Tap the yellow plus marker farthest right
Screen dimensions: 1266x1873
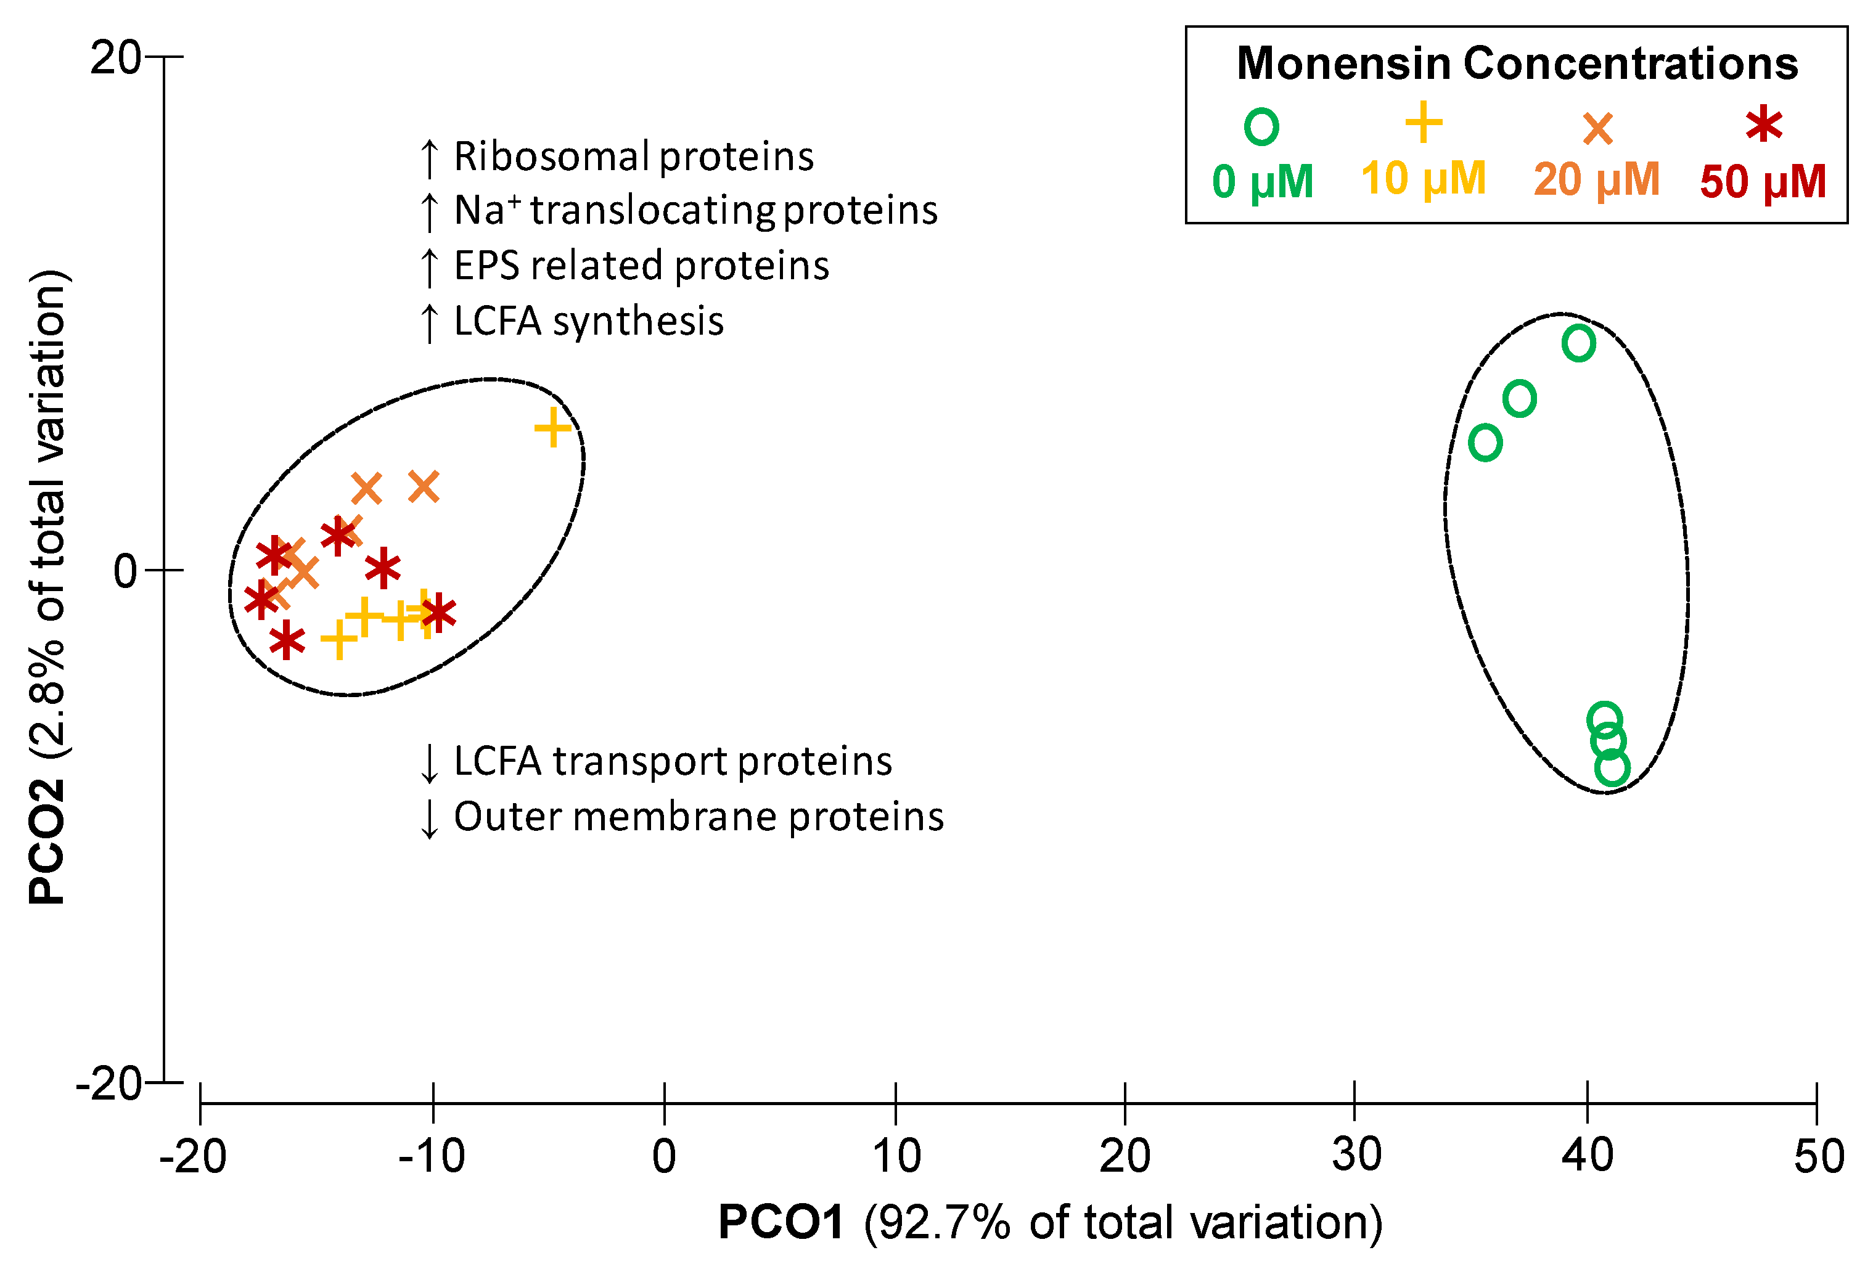[553, 427]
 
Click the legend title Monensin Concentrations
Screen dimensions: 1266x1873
[1517, 63]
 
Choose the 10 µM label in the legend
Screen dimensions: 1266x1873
[1424, 178]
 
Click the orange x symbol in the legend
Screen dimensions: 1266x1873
[1597, 129]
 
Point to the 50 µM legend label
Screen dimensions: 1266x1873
[1763, 181]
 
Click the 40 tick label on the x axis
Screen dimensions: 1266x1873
[1587, 1155]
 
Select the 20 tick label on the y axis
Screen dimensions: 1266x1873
[115, 58]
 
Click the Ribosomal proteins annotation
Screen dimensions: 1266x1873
[633, 157]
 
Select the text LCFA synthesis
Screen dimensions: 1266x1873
[588, 321]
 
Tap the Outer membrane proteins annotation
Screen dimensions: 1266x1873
[698, 816]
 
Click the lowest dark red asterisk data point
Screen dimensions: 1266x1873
[287, 642]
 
